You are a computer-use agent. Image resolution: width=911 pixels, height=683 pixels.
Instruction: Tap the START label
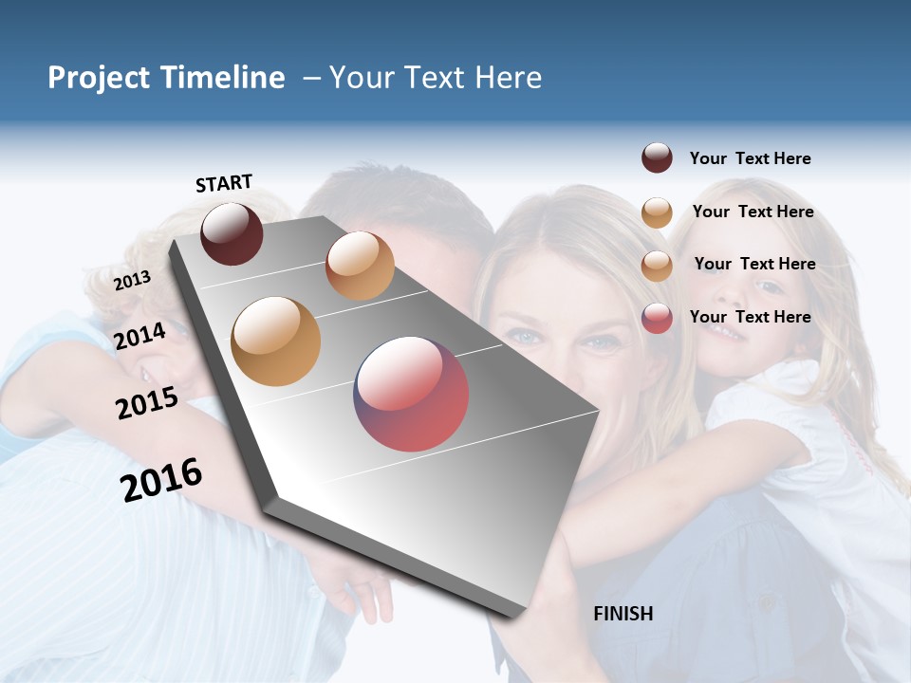coord(224,183)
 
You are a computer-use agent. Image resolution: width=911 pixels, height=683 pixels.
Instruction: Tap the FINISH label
coord(623,614)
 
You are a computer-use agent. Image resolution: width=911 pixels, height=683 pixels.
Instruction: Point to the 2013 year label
coord(132,281)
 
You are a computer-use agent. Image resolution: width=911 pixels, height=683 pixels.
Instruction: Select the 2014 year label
coord(140,336)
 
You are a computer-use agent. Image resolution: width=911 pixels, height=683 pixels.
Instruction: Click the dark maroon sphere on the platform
coord(232,233)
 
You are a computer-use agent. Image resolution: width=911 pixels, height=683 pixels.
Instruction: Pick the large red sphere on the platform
coord(411,394)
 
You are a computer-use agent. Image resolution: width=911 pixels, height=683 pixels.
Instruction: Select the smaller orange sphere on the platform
coord(360,266)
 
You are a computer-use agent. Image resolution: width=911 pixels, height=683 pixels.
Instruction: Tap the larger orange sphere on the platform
coord(276,341)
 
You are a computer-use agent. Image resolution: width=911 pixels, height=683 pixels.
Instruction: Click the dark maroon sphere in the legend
coord(657,158)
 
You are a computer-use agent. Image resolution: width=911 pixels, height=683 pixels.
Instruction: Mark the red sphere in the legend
coord(657,318)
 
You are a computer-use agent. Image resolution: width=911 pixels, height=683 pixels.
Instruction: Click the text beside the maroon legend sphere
coord(750,158)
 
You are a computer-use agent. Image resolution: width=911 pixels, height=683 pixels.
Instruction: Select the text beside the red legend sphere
coord(750,317)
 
